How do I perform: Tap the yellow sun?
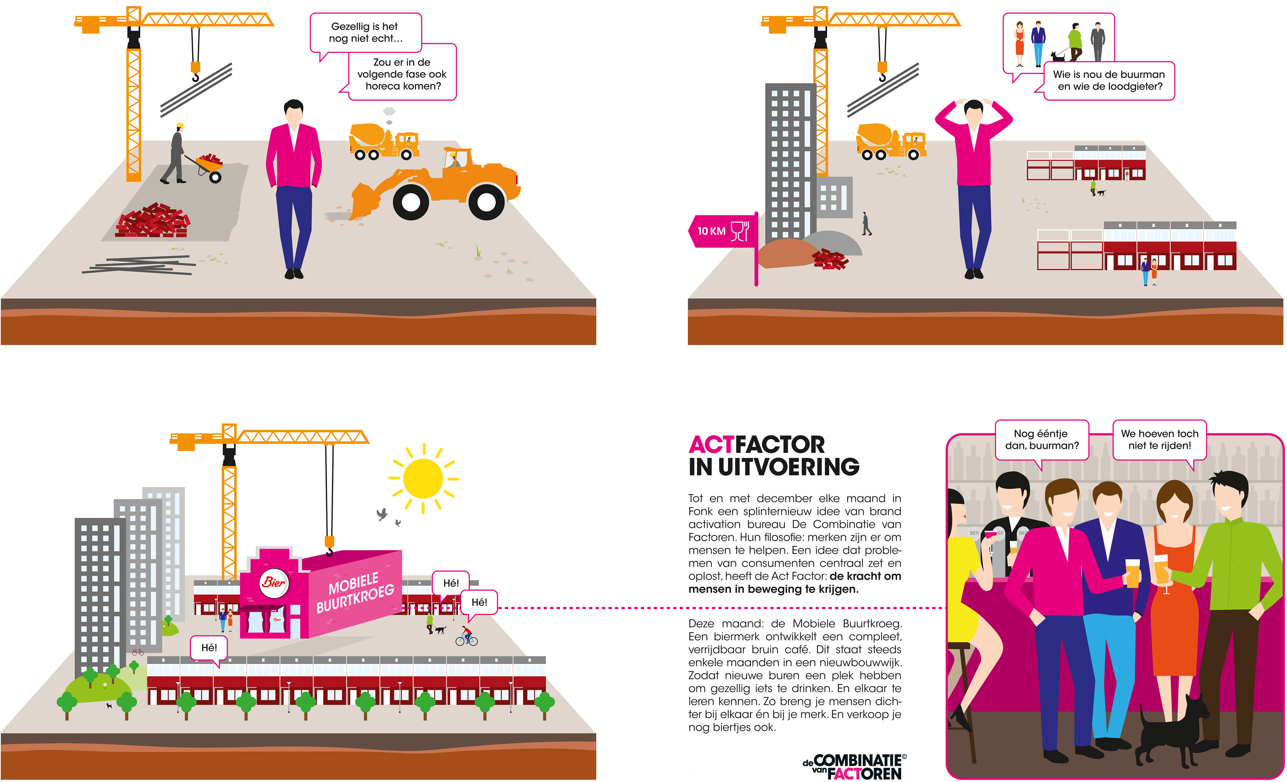tap(423, 478)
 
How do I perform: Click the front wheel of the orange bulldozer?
tap(411, 202)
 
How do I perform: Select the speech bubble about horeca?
tap(402, 74)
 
